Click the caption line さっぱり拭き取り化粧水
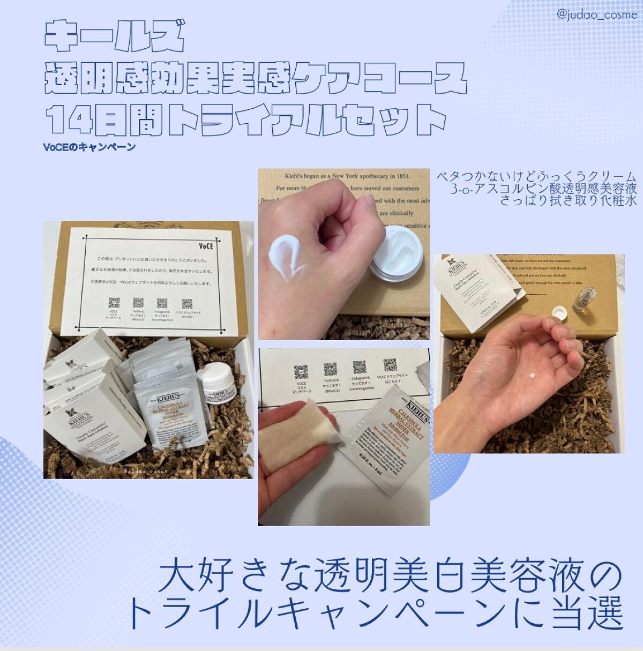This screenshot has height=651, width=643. pyautogui.click(x=567, y=201)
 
